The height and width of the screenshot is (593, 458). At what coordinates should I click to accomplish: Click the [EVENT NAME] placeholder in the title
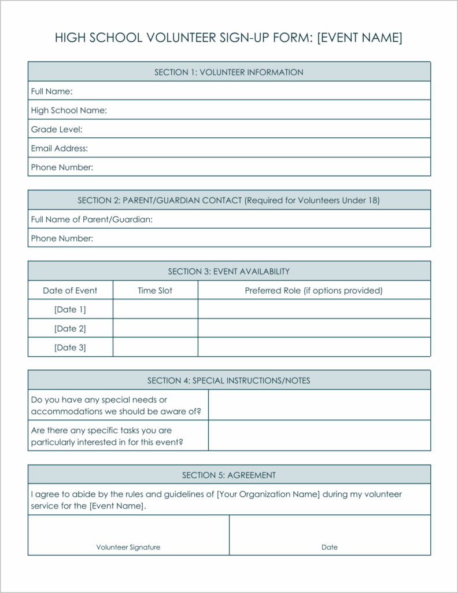[360, 38]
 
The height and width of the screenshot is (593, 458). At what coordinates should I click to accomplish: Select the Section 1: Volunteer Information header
[228, 72]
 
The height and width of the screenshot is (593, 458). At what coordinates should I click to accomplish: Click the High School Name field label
[69, 110]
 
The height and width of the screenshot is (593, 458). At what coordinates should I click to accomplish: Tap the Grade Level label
[57, 129]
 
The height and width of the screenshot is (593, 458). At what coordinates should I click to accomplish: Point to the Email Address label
[60, 148]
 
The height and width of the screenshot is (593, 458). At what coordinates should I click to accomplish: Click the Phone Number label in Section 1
[62, 167]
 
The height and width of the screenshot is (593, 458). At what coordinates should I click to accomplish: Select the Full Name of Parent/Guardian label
[91, 219]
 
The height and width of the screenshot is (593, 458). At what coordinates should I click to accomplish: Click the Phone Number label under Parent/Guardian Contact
[62, 238]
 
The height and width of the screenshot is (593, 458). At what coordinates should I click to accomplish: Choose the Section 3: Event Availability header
[228, 271]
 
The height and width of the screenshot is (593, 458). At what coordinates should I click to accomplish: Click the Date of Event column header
[70, 290]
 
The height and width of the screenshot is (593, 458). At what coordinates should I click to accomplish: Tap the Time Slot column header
[155, 290]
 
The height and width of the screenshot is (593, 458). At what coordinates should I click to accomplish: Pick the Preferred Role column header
[313, 290]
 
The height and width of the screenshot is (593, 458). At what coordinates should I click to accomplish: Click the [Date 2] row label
[70, 328]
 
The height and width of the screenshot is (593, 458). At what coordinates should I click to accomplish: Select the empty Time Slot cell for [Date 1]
[155, 309]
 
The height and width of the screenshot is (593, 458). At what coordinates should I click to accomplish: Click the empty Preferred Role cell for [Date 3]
[313, 347]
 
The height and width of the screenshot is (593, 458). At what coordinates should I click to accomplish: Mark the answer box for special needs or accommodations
[319, 405]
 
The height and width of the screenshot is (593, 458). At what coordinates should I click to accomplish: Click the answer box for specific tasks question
[319, 435]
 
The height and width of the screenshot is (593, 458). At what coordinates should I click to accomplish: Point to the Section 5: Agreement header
[228, 475]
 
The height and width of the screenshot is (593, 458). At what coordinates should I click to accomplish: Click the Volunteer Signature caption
[128, 547]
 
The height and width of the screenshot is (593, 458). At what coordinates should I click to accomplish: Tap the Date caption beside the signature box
[330, 547]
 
